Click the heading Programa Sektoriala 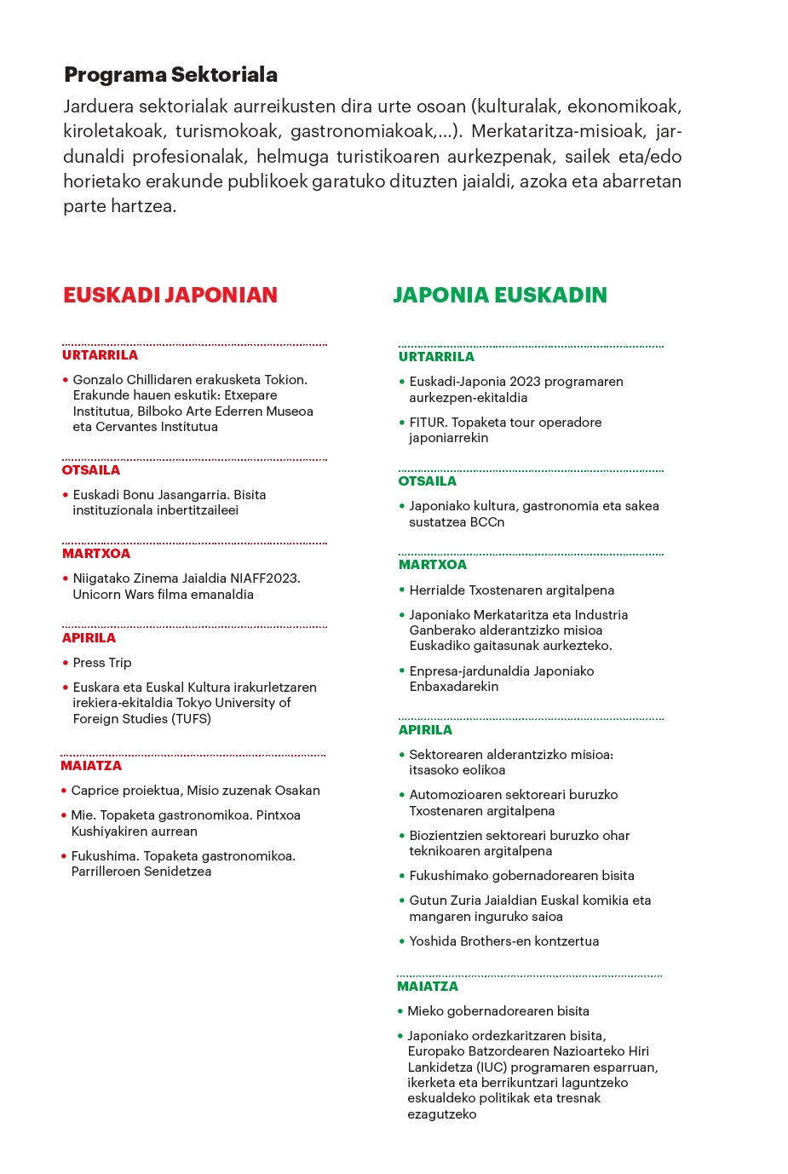170,75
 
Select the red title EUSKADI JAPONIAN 170,295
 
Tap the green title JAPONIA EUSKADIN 500,295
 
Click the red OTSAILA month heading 91,470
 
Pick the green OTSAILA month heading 428,481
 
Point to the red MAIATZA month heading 91,766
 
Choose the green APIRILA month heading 425,730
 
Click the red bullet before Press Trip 66,663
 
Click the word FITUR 428,423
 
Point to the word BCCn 486,522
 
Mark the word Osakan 297,791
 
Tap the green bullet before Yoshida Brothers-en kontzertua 402,941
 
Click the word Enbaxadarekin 454,687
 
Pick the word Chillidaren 168,380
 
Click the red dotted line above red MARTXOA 194,543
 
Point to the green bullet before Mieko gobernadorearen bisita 400,1011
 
